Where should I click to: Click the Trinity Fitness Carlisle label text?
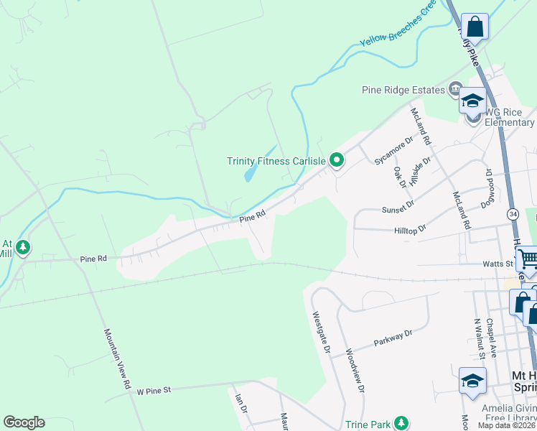pos(276,161)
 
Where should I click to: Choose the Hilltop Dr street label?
pos(411,228)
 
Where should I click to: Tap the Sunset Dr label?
pos(400,205)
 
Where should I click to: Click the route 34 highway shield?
pos(513,214)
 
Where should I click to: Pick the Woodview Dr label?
pos(358,371)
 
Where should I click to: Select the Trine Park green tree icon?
pos(403,424)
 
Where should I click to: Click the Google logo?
pos(24,422)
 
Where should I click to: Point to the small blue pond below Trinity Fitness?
pos(252,171)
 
